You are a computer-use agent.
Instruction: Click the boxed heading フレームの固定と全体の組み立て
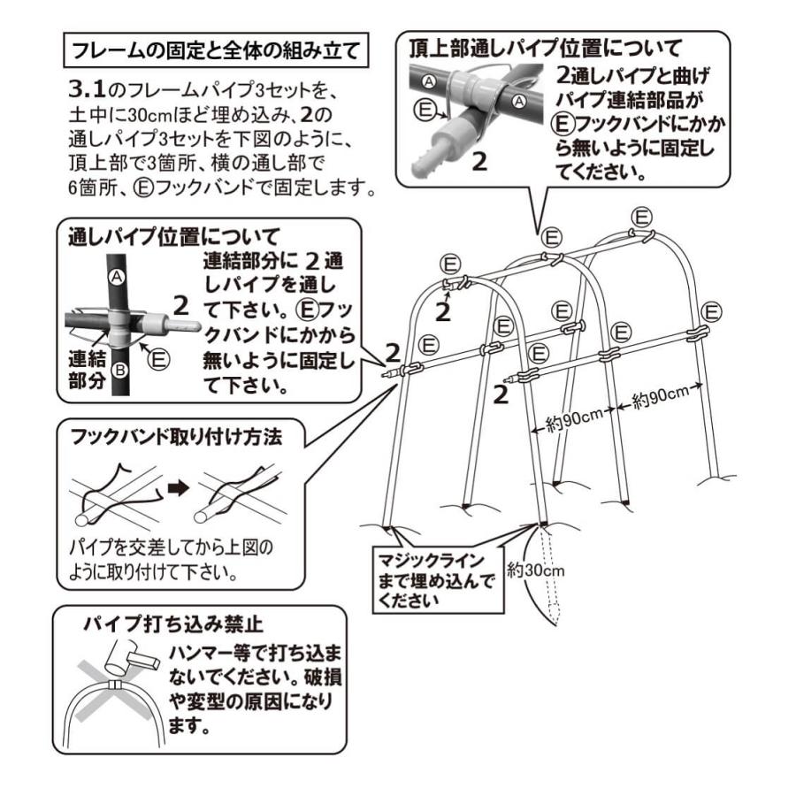pyautogui.click(x=216, y=50)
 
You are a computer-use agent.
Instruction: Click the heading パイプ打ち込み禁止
pyautogui.click(x=172, y=624)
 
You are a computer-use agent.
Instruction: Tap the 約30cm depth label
pyautogui.click(x=536, y=570)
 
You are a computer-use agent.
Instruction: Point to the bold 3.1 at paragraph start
pyautogui.click(x=86, y=92)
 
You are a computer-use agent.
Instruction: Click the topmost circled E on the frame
pyautogui.click(x=643, y=216)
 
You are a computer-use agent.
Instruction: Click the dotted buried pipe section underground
pyautogui.click(x=552, y=575)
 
